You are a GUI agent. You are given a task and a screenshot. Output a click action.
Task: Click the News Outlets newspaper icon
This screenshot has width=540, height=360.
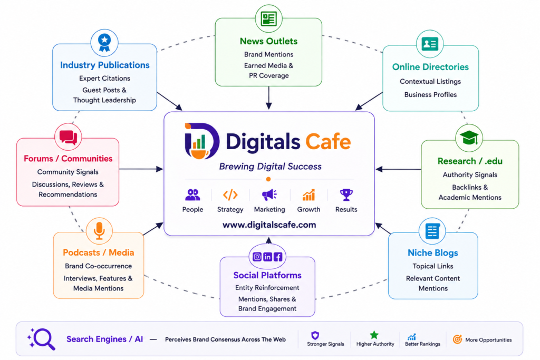(268, 18)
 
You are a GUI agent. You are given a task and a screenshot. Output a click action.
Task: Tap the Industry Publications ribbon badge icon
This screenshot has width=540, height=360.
(104, 43)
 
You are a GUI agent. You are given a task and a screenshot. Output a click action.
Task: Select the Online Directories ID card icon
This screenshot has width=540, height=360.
(430, 44)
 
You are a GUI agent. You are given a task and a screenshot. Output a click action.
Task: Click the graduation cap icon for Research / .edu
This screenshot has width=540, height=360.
(469, 138)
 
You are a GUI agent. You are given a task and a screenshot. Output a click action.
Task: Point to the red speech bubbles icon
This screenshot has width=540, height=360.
(68, 138)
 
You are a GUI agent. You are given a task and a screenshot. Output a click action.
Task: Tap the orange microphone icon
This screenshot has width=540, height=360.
(99, 230)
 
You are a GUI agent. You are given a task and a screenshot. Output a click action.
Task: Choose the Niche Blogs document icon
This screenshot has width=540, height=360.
(432, 231)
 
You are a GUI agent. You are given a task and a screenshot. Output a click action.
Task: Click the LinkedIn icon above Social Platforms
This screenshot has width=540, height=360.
(267, 257)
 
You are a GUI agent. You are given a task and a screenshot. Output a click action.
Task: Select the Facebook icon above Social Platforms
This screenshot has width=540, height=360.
(278, 257)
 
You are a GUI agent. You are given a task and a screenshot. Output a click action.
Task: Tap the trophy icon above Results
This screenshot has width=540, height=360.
(346, 194)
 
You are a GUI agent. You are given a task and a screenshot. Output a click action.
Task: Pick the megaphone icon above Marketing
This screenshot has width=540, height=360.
(269, 195)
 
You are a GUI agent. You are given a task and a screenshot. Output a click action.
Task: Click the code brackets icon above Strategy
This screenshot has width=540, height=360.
(230, 195)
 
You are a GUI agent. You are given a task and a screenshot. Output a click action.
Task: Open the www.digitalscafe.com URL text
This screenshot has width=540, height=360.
(269, 225)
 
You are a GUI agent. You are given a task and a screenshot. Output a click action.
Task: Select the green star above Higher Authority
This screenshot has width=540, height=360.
(374, 335)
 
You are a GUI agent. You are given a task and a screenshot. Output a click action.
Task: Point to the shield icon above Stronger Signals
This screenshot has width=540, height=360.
(315, 335)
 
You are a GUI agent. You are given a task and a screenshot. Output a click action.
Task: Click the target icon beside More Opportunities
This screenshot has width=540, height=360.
(457, 339)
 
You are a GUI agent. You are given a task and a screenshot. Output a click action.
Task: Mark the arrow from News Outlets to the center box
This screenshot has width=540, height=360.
(268, 98)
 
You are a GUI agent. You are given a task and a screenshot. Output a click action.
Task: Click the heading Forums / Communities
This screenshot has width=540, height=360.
(68, 159)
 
